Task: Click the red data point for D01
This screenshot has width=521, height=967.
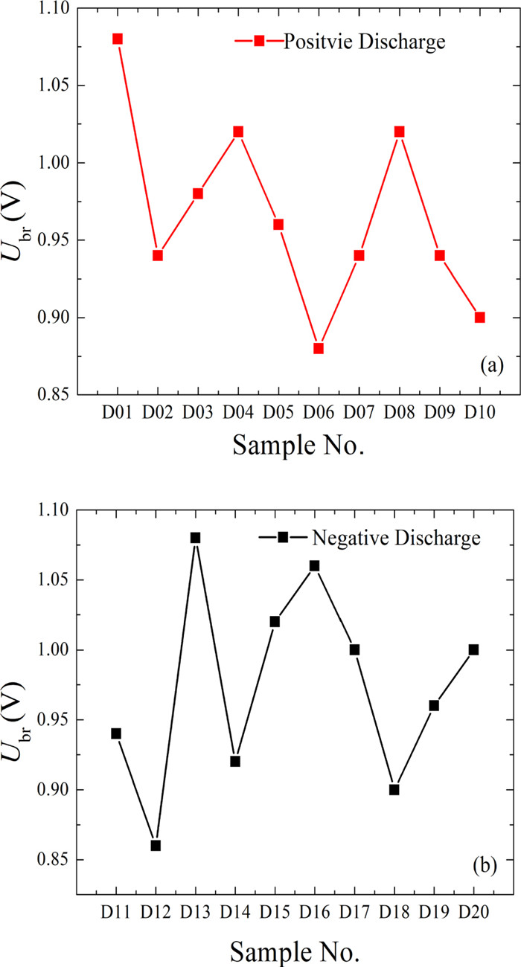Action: [x=118, y=39]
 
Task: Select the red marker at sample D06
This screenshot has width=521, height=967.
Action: [x=319, y=348]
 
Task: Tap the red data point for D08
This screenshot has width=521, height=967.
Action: [x=399, y=132]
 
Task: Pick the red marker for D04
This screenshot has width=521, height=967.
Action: [x=238, y=132]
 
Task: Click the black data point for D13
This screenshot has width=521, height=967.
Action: [x=196, y=538]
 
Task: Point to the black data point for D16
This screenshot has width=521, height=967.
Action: [x=314, y=565]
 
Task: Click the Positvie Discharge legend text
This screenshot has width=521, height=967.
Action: [x=364, y=42]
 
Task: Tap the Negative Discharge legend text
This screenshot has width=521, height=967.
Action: [x=386, y=537]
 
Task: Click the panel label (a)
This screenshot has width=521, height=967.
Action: [x=493, y=365]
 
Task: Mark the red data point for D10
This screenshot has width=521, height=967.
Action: [x=480, y=318]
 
